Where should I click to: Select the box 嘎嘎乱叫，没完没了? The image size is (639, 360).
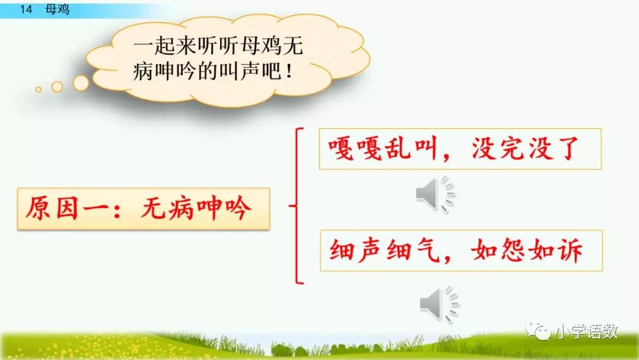pyautogui.click(x=460, y=149)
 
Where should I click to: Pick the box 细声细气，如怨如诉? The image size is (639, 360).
pyautogui.click(x=460, y=250)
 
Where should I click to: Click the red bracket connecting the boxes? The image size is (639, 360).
pyautogui.click(x=298, y=206)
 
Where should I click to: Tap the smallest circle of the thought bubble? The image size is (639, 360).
pyautogui.click(x=38, y=90)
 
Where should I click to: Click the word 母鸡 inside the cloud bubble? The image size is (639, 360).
pyautogui.click(x=261, y=47)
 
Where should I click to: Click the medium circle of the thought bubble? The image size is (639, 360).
pyautogui.click(x=57, y=86)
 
